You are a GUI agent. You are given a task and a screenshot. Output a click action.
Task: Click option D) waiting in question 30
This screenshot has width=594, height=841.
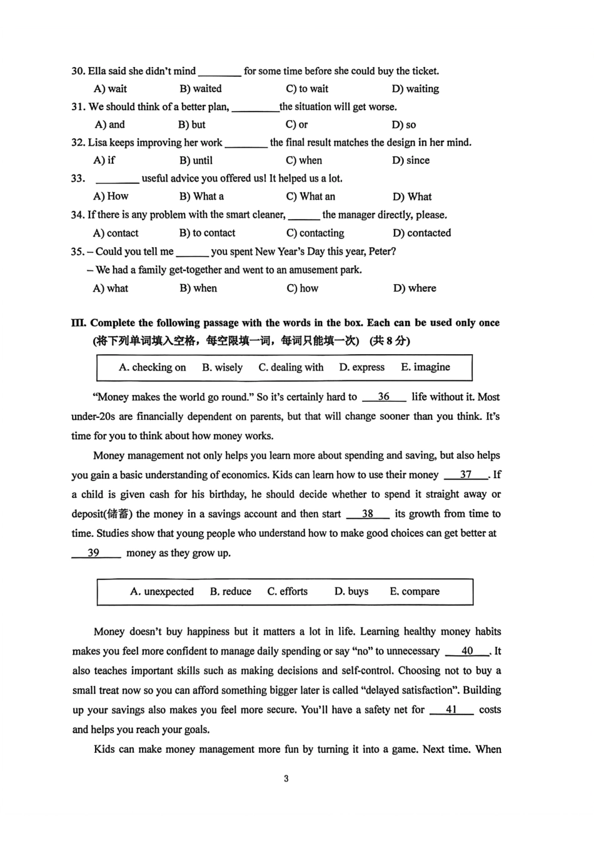tap(415, 89)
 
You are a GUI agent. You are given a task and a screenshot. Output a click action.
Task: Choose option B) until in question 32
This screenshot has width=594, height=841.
tap(196, 160)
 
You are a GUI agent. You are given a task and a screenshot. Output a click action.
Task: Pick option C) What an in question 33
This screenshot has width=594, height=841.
tap(311, 196)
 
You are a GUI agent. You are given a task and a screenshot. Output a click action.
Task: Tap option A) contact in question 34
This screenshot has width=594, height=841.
tap(116, 233)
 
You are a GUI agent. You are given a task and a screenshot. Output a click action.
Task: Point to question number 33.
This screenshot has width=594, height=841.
tap(78, 179)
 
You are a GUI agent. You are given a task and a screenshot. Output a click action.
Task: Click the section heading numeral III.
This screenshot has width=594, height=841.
tap(79, 323)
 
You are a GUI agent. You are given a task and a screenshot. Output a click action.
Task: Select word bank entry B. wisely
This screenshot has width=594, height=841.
tap(222, 367)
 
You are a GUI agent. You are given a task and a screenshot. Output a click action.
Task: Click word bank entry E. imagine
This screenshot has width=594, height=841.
tap(425, 367)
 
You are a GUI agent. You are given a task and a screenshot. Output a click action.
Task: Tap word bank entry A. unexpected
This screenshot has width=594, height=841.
tap(162, 591)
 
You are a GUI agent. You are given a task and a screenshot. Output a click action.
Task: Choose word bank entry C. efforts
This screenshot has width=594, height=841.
tap(288, 591)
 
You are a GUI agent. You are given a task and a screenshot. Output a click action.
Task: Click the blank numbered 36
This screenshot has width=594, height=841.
tap(384, 397)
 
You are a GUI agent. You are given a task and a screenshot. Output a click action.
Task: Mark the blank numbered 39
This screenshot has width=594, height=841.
tap(94, 553)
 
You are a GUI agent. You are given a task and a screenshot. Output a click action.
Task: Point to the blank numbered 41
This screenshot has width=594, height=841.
tap(451, 710)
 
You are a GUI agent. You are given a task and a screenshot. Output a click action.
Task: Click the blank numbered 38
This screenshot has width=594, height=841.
tap(368, 514)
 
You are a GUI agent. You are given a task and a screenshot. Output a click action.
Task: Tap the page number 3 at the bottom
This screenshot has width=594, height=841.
tap(286, 779)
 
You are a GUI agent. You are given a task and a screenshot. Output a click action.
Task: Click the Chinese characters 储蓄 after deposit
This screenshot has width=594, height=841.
tap(119, 514)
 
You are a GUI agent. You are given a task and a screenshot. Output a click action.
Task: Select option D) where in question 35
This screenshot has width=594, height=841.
tap(415, 288)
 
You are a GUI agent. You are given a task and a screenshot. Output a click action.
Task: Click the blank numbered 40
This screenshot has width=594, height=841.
tap(467, 651)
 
